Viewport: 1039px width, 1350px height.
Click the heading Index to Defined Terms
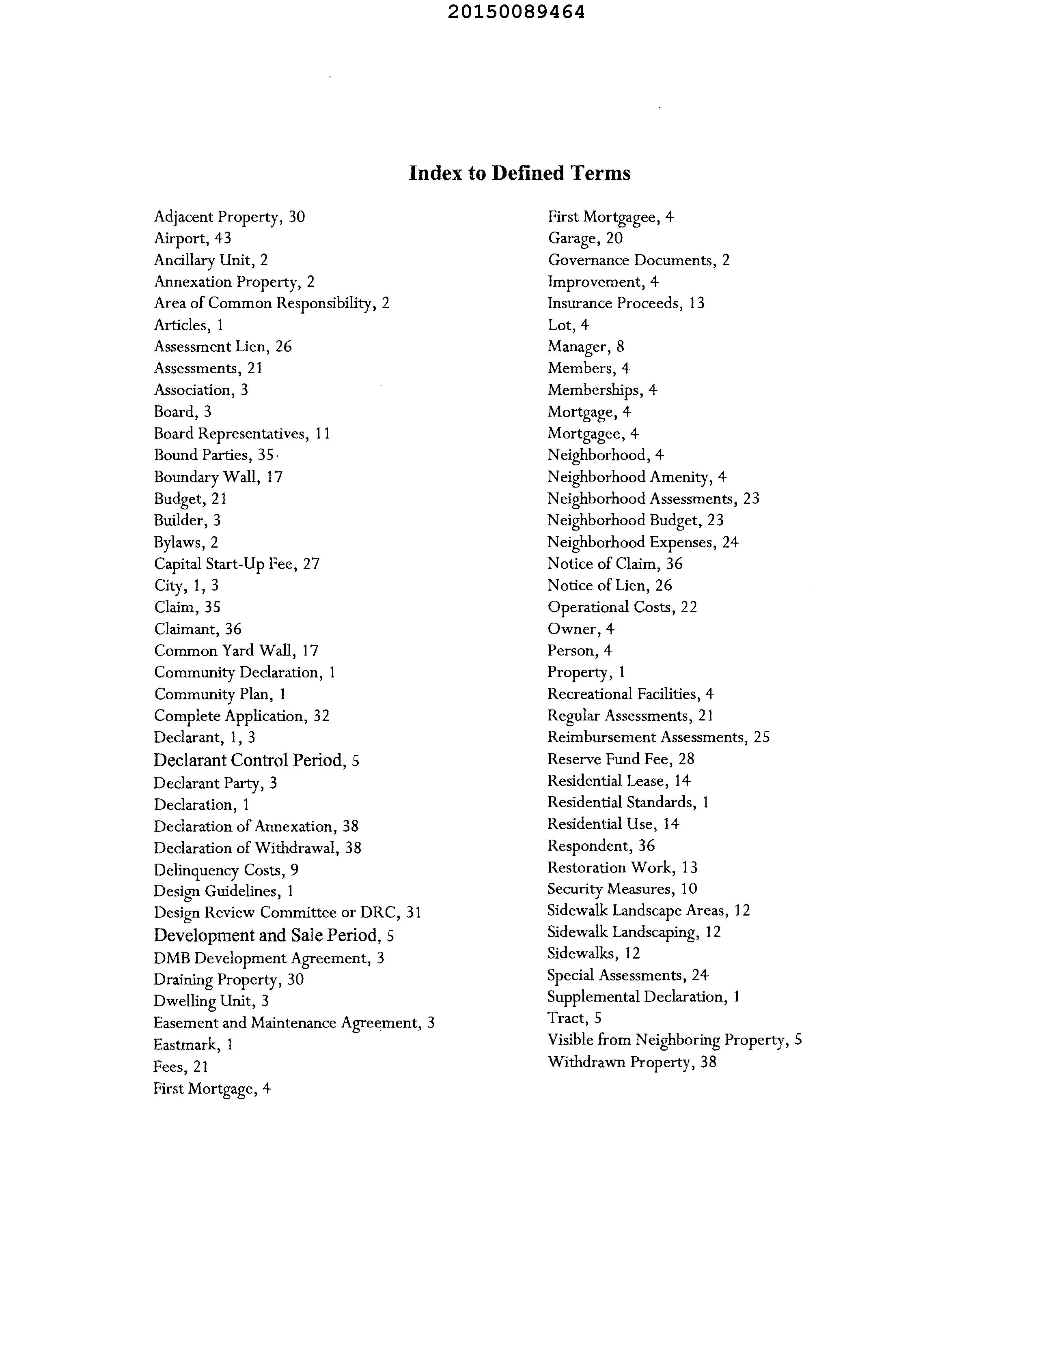tap(519, 173)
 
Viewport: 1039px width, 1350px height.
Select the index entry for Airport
tap(192, 239)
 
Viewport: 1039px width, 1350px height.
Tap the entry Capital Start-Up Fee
tap(236, 564)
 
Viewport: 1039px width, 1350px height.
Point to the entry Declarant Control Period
tap(256, 760)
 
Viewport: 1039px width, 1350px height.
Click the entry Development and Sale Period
tap(274, 935)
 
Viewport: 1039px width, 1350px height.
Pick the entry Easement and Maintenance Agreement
tap(294, 1023)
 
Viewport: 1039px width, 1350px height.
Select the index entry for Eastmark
tap(193, 1045)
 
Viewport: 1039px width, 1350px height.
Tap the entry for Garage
tap(585, 239)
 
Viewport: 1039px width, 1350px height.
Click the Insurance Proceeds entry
tap(626, 303)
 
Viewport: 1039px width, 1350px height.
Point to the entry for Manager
tap(586, 347)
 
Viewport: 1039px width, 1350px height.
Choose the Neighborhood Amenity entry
tap(636, 477)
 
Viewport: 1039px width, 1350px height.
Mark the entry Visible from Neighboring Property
tap(674, 1040)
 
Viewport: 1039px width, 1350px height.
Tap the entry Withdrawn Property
tap(632, 1062)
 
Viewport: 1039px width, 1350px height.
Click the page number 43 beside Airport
tap(223, 239)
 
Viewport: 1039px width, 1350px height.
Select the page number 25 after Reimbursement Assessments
tap(761, 737)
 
